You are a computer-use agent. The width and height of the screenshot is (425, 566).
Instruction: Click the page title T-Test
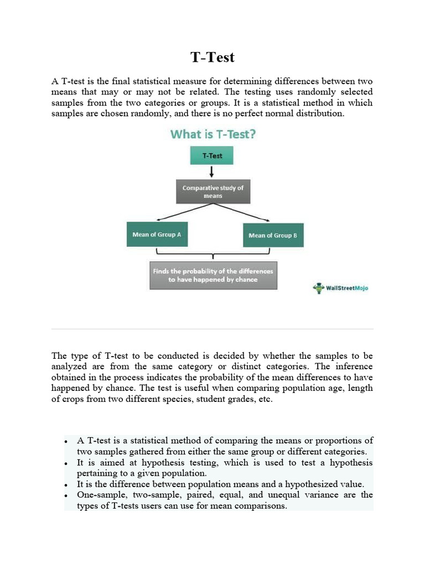click(212, 57)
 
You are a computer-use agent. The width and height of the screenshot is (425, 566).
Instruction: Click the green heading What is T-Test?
click(212, 134)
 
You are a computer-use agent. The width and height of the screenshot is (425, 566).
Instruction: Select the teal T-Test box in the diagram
click(211, 156)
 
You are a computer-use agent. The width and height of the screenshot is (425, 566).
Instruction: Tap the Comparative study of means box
click(213, 192)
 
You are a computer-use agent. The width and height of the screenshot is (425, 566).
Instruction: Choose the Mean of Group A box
click(157, 234)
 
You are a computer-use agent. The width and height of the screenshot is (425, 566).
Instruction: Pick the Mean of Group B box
click(273, 235)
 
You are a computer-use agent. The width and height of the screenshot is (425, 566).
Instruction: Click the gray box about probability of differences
click(213, 275)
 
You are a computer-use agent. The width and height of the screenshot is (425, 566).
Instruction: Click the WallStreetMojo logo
click(340, 288)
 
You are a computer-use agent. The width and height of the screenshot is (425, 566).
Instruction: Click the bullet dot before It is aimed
click(66, 463)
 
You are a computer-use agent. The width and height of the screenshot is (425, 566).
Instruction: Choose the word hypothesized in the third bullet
click(309, 484)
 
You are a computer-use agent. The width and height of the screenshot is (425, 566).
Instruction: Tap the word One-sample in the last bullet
click(100, 495)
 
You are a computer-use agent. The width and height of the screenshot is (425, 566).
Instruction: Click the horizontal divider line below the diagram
click(212, 329)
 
